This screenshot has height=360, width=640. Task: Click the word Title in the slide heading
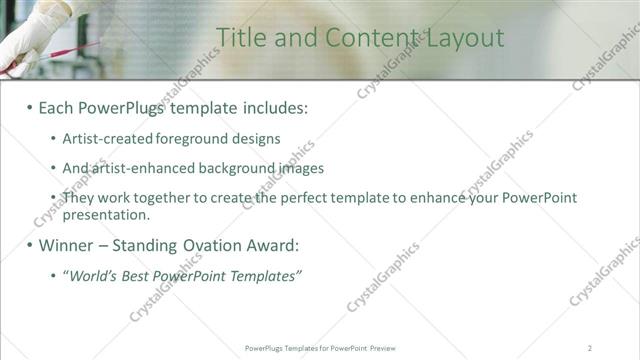[x=240, y=38]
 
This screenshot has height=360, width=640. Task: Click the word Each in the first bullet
[x=57, y=107]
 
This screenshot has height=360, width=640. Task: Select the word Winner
[x=68, y=245]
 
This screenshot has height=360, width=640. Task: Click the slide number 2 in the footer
[x=589, y=347]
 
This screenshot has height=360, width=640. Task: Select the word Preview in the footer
[x=382, y=347]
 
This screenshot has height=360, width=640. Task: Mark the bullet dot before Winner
[x=29, y=246]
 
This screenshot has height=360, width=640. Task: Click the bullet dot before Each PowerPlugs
[x=29, y=108]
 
